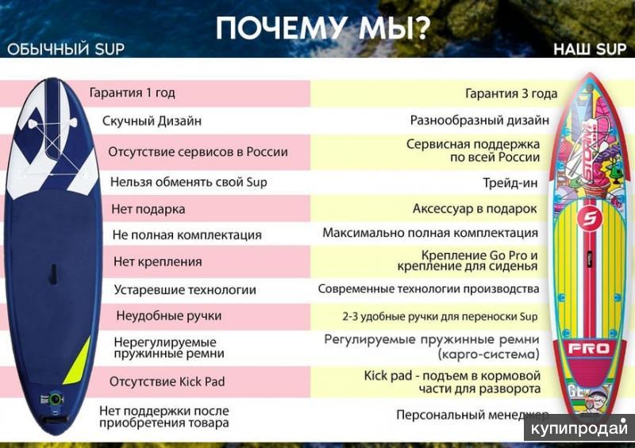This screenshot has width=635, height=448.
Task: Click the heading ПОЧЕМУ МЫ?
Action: [323, 27]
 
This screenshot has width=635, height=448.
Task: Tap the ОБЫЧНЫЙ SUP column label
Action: [66, 49]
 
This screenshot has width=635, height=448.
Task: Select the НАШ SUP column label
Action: [590, 49]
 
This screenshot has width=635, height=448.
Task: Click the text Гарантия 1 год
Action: [132, 93]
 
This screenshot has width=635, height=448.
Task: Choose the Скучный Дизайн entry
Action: [152, 121]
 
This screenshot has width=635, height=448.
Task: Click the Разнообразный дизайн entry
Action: [479, 121]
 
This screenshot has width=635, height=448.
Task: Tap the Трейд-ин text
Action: [510, 182]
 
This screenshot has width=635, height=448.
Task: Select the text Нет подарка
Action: [148, 209]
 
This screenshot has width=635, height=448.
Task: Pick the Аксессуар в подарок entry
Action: [475, 209]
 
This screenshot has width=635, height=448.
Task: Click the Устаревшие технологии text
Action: [185, 289]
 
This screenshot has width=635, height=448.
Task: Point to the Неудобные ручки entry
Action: [168, 316]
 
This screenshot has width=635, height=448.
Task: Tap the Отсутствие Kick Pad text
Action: [167, 381]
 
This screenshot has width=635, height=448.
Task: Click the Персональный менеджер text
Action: [471, 415]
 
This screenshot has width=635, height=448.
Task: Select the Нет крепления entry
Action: [157, 262]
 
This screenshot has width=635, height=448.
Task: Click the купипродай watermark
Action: [579, 428]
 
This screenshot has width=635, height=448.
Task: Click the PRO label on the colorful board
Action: [589, 348]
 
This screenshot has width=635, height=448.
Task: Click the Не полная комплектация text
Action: [187, 235]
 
